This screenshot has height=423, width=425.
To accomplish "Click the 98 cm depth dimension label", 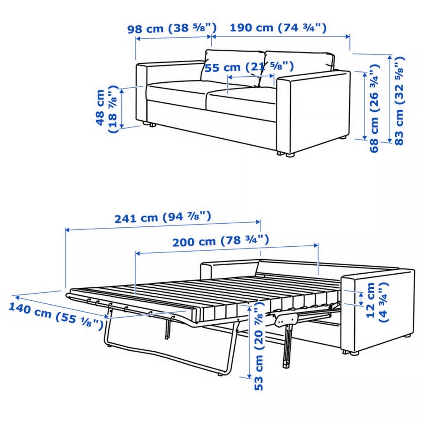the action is coord(172,28).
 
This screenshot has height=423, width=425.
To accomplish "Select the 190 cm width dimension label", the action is coord(278,27).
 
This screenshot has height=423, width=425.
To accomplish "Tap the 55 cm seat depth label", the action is coord(249,67).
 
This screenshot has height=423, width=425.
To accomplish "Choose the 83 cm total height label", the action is coord(399,101).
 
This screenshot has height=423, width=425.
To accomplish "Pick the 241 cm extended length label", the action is coord(162,217).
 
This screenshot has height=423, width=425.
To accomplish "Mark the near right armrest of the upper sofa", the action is coord(313,113).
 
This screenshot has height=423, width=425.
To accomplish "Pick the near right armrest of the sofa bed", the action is coord(378,312).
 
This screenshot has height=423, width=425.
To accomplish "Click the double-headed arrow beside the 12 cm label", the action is coord(361,299).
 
